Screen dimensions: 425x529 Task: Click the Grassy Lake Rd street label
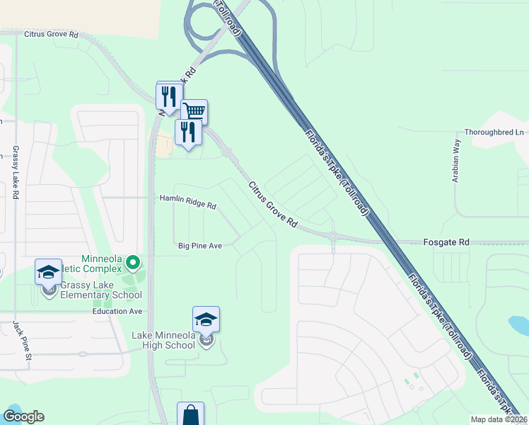14,173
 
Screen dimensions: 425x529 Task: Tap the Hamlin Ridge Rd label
188,203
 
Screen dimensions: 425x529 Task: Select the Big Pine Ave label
200,246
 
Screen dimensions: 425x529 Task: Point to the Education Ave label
117,311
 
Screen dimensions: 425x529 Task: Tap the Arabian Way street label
457,161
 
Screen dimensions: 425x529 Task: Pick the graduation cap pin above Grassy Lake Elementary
49,271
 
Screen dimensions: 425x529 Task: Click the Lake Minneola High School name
163,340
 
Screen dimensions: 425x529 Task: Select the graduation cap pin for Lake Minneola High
206,319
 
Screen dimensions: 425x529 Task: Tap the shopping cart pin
194,112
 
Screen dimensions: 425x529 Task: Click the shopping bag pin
191,414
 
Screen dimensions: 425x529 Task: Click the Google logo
23,416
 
